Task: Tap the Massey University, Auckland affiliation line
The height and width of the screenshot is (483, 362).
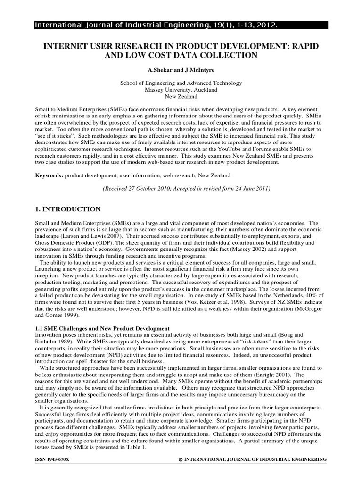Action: click(181, 89)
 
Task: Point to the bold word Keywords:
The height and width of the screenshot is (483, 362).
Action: click(49, 175)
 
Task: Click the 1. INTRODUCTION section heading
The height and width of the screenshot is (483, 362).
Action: click(68, 209)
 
